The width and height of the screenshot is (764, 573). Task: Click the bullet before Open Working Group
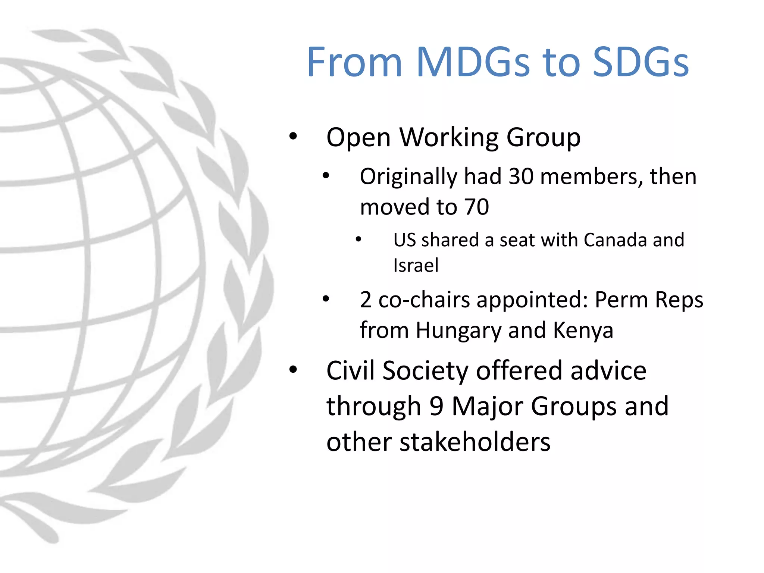point(293,137)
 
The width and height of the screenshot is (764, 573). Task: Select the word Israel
point(416,265)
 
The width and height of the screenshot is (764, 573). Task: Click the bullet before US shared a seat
point(358,239)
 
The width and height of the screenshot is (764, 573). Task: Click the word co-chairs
point(424,300)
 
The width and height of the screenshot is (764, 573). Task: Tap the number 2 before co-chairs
point(366,300)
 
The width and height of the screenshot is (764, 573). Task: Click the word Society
point(425,371)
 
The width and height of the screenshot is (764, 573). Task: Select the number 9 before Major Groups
point(436,406)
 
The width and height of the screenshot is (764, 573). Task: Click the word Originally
point(408,177)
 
